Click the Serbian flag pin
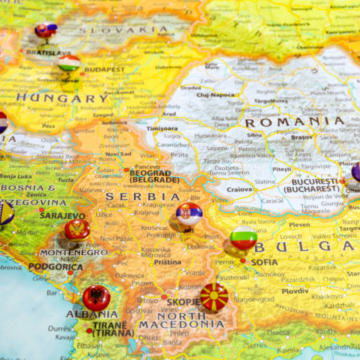(189, 215)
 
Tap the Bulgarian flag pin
(243, 238)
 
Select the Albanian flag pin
(96, 297)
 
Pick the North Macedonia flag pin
(214, 297)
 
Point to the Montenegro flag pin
(77, 229)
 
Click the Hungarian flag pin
(69, 63)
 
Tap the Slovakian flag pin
(45, 29)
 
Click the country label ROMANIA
(294, 122)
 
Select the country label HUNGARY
(62, 98)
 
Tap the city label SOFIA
(264, 262)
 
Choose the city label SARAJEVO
(62, 215)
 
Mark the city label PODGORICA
(55, 267)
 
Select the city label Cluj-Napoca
(215, 95)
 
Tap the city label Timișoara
(162, 128)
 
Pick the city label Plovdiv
(295, 291)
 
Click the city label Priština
(167, 261)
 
